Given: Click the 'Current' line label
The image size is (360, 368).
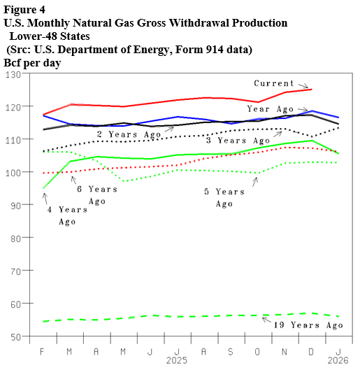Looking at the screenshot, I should [274, 83].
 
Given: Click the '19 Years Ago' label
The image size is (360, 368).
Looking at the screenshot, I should [308, 325].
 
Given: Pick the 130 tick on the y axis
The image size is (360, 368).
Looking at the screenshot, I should [13, 74].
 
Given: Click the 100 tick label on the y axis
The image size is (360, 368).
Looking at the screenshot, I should [13, 172].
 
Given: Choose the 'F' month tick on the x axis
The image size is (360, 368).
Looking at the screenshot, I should [43, 350].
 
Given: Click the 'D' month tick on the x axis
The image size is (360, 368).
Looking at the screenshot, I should [311, 350].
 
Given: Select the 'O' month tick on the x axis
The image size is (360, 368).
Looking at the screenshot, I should [258, 350].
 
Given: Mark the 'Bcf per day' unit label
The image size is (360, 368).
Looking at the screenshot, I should [32, 62].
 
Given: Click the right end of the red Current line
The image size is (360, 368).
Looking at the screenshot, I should [311, 90].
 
